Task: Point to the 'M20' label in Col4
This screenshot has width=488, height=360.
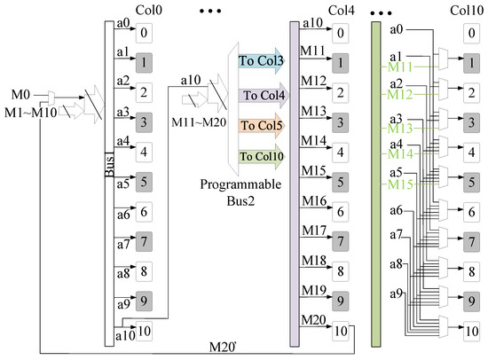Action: pyautogui.click(x=312, y=319)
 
